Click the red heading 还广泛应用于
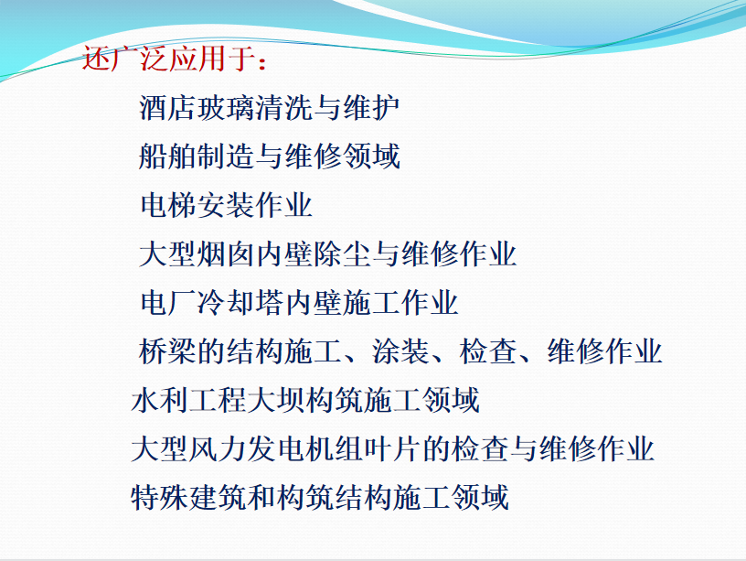[174, 59]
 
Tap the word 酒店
[167, 108]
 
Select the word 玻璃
[226, 108]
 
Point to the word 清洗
[283, 108]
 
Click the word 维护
[371, 108]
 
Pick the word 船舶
[167, 156]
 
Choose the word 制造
[226, 156]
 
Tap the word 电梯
[169, 205]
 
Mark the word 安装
[227, 205]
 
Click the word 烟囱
[226, 254]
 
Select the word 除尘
[342, 254]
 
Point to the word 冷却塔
[240, 302]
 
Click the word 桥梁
[167, 351]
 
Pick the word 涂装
[400, 351]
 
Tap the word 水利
[160, 400]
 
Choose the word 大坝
[276, 400]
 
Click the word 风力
[218, 448]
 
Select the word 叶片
[392, 448]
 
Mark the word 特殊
[160, 498]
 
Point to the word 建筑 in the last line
[218, 498]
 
